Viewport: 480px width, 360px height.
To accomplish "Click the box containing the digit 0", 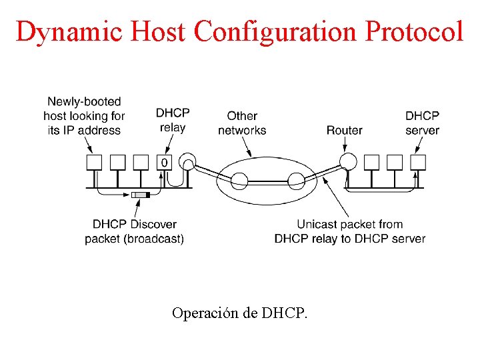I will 165,162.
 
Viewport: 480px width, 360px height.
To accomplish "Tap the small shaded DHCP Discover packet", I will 141,195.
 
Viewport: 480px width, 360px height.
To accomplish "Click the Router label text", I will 344,130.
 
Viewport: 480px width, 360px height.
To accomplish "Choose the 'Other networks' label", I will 242,123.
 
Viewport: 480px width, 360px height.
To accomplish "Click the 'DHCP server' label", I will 422,123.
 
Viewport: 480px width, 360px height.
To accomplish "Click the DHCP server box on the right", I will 418,162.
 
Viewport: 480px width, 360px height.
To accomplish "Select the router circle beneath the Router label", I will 347,161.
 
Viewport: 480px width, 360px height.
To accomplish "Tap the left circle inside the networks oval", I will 239,178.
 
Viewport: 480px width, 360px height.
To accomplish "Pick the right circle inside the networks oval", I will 295,178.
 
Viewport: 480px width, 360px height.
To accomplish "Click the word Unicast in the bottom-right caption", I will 319,225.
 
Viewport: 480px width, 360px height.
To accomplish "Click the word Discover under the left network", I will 153,225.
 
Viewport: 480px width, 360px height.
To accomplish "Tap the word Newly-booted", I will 84,102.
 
